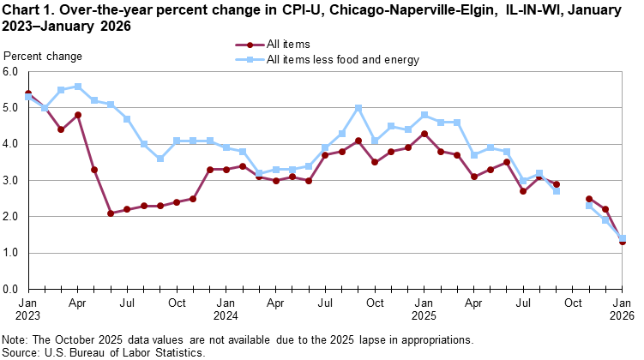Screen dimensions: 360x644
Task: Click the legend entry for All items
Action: coord(288,44)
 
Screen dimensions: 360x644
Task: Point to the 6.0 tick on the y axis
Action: coord(11,73)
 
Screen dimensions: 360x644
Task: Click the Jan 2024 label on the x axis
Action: coord(226,309)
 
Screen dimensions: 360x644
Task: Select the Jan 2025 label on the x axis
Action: coord(424,309)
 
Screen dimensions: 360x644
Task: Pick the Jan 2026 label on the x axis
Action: coord(622,309)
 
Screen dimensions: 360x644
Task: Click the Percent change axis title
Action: coord(43,57)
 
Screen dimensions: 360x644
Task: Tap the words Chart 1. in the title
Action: coord(27,10)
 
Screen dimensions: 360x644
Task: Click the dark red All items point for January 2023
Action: coord(28,93)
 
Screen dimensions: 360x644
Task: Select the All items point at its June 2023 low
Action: coord(111,213)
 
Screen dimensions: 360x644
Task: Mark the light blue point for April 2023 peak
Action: coord(78,87)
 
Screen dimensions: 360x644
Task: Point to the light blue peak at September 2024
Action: coord(358,108)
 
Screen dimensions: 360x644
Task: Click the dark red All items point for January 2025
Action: coord(424,134)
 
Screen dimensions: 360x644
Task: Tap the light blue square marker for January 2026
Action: coord(622,238)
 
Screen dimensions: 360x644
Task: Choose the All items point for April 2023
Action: coord(78,115)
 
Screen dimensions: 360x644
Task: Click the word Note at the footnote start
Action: coord(16,339)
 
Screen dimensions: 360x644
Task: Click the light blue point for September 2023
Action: coord(160,159)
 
